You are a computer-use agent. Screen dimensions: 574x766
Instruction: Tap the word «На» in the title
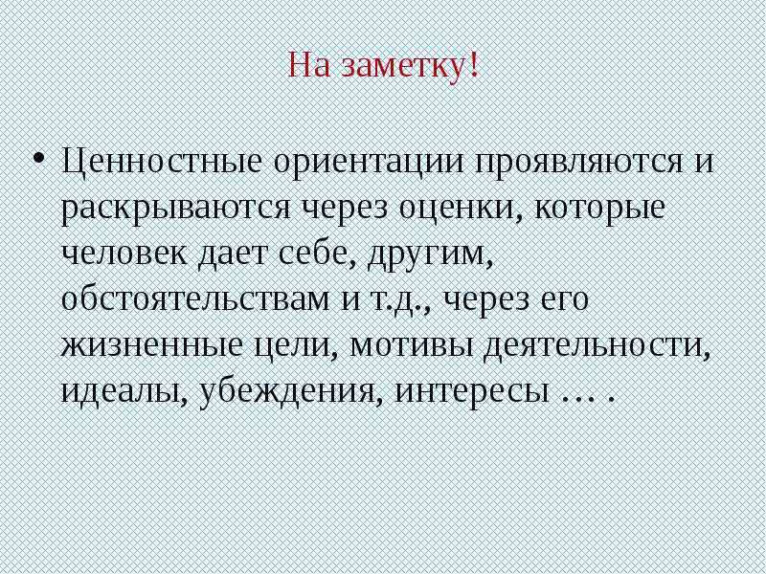point(308,68)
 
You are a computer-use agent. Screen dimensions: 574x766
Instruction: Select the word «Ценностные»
point(162,159)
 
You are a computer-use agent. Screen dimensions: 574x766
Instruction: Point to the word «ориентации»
point(368,159)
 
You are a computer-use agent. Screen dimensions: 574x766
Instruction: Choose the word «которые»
point(602,207)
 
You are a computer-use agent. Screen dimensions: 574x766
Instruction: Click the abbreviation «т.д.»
point(395,300)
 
